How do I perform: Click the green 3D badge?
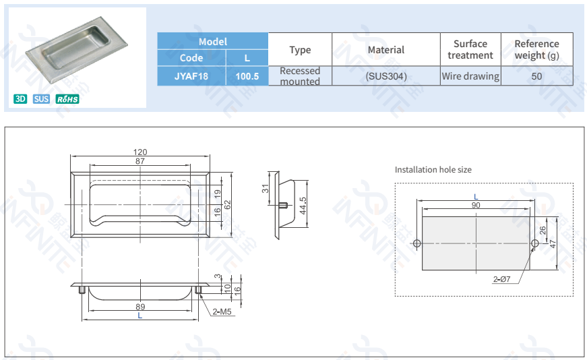click(x=20, y=99)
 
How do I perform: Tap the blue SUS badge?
click(x=41, y=99)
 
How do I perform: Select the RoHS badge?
click(x=67, y=99)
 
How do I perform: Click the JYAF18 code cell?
click(x=191, y=76)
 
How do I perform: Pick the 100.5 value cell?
click(x=247, y=76)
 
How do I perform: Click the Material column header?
click(x=386, y=49)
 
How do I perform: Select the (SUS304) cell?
click(x=386, y=76)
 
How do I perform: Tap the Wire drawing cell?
click(x=470, y=76)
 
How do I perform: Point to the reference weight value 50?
click(x=536, y=76)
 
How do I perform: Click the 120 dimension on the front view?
click(x=140, y=152)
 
